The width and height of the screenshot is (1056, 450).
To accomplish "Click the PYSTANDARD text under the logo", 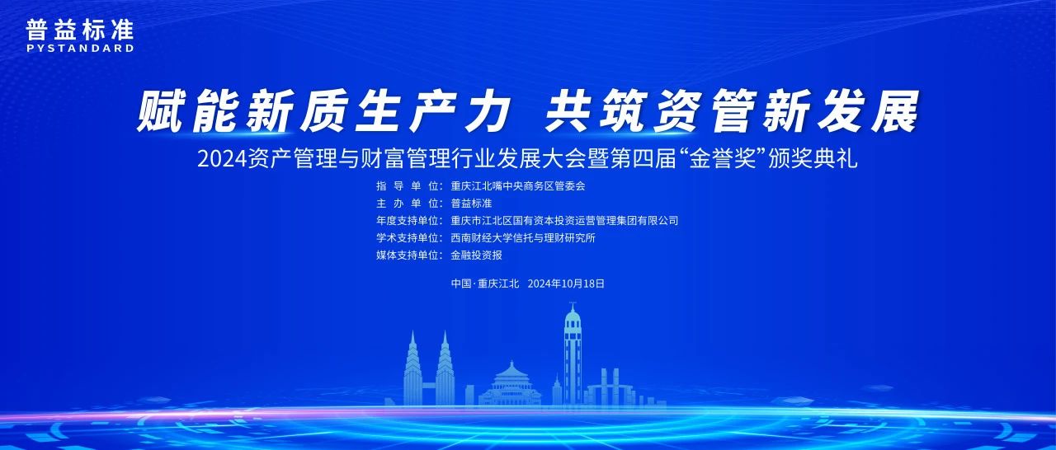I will [79, 49].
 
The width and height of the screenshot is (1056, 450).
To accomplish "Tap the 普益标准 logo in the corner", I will [79, 30].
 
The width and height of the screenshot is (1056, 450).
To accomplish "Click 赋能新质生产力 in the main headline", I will [322, 112].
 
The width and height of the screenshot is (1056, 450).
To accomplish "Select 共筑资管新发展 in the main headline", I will [731, 112].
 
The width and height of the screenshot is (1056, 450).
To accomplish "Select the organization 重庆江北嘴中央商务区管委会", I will [518, 186].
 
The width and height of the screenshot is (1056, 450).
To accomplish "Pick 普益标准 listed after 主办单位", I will [472, 204].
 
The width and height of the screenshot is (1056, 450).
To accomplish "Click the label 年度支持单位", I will [408, 221].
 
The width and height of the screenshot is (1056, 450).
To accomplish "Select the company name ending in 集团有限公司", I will [564, 221].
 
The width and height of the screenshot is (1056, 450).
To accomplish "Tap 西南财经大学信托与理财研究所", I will [523, 238].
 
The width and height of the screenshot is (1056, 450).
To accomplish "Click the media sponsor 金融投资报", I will [476, 255].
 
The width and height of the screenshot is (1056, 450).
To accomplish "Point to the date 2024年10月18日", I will [565, 284].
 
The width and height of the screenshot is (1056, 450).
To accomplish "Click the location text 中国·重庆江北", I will [484, 284].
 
